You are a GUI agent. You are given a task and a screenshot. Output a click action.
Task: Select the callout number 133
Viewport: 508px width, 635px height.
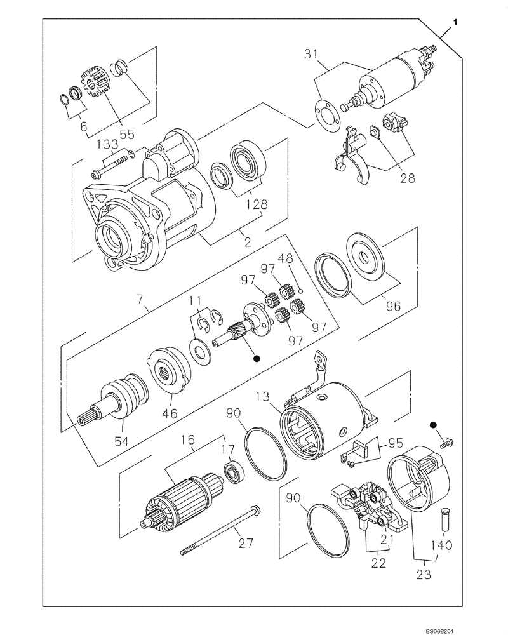click(108, 146)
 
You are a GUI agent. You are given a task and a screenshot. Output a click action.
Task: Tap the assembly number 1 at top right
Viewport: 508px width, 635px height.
click(455, 23)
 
